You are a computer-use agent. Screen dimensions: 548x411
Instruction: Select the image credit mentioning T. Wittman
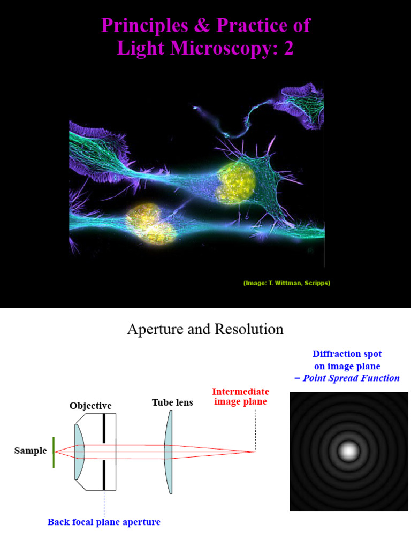coord(286,283)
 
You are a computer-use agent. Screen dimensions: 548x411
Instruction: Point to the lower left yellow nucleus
coord(150,221)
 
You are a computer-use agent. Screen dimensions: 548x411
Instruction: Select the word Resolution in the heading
coord(249,329)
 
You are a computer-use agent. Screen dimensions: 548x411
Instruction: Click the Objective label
coord(90,406)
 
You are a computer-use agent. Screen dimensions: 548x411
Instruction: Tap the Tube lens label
coord(172,402)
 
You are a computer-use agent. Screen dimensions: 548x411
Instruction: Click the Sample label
coord(31,451)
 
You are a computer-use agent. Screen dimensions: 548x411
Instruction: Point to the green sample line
coord(54,452)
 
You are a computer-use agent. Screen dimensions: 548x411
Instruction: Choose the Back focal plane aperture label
coord(104,522)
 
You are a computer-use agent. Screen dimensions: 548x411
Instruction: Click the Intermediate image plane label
coord(240,397)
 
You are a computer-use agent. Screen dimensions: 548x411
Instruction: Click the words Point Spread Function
coord(351,378)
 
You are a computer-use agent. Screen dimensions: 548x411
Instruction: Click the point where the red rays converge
coord(255,452)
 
